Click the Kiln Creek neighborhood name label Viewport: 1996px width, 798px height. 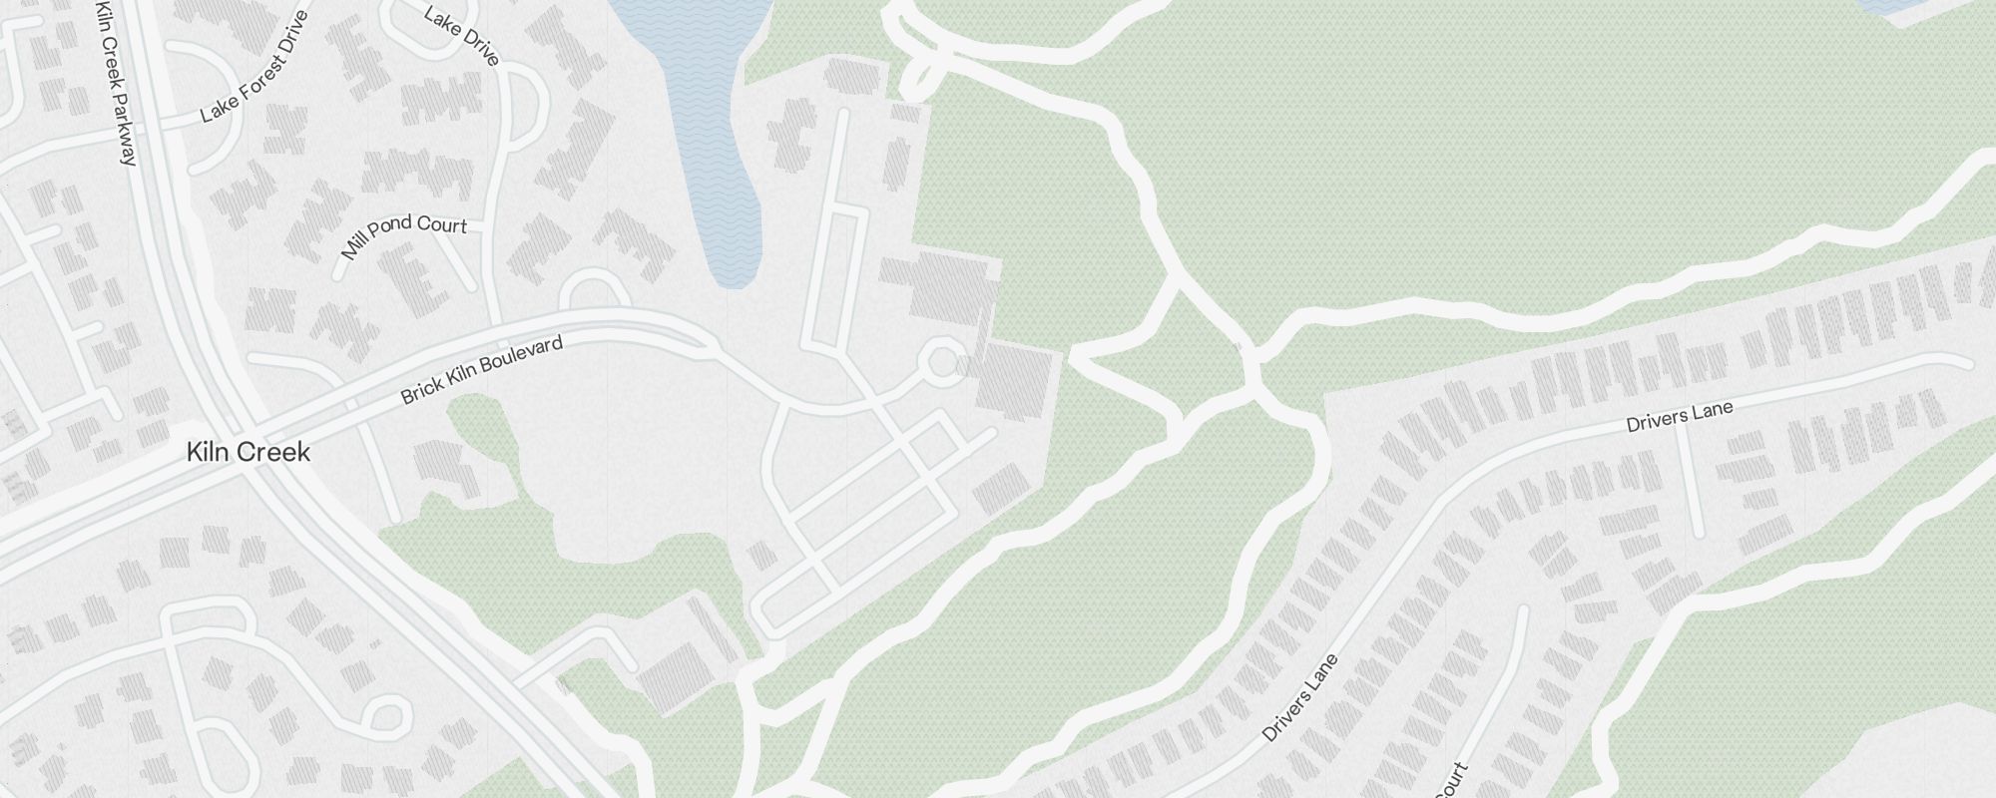click(x=248, y=453)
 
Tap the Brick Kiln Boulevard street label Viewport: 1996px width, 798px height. click(x=482, y=370)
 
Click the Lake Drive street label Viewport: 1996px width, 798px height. click(x=461, y=37)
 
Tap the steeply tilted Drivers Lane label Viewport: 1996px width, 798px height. click(x=1299, y=697)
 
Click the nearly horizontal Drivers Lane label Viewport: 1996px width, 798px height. click(x=1679, y=417)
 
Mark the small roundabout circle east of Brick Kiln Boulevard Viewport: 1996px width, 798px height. click(x=941, y=362)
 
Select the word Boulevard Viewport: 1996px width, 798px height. click(x=524, y=354)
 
